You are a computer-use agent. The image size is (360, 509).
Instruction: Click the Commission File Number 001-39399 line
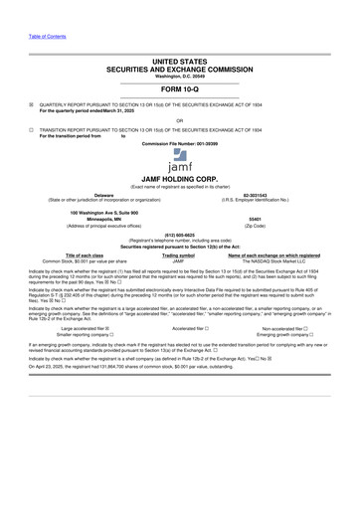tap(179, 144)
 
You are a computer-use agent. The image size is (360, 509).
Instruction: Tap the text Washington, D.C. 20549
tap(179, 75)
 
